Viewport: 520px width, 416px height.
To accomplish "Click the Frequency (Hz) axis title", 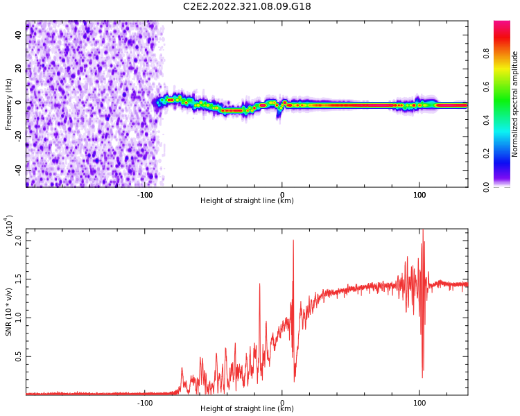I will pyautogui.click(x=9, y=104).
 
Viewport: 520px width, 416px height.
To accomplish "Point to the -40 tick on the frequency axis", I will pyautogui.click(x=18, y=169).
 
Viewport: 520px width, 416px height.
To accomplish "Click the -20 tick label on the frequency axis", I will pyautogui.click(x=18, y=136).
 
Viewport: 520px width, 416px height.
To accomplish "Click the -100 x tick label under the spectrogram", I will pyautogui.click(x=144, y=195).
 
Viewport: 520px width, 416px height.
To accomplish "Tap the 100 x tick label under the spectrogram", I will pyautogui.click(x=419, y=195).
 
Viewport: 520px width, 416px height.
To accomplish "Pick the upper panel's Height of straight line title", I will pyautogui.click(x=247, y=201).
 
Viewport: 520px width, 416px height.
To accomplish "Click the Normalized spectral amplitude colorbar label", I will pyautogui.click(x=515, y=104).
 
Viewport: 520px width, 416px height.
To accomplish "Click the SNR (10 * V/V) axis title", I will pyautogui.click(x=9, y=312).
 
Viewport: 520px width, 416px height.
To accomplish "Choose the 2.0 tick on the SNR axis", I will pyautogui.click(x=19, y=241).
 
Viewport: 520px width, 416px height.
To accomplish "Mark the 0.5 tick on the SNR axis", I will pyautogui.click(x=19, y=357).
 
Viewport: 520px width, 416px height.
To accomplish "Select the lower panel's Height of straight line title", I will pyautogui.click(x=247, y=409).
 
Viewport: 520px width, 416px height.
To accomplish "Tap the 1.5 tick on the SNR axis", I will pyautogui.click(x=19, y=279).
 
